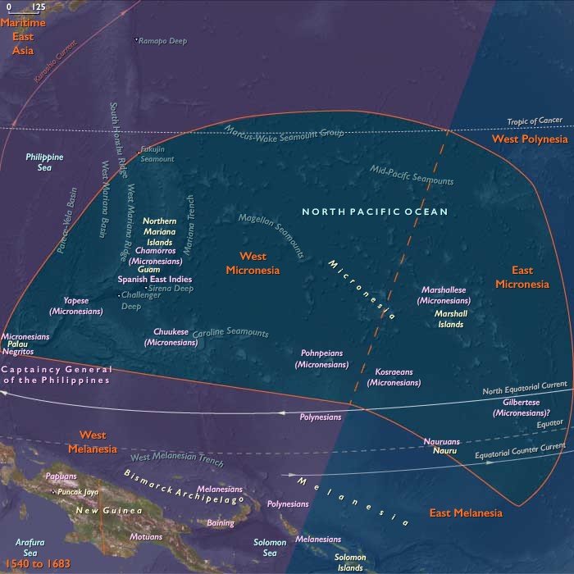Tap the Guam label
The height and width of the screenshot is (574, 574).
[x=148, y=269]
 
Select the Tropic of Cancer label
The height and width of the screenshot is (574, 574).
[x=534, y=121]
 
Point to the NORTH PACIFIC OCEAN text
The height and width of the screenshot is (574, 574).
[x=375, y=212]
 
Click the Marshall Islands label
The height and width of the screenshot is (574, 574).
[x=450, y=318]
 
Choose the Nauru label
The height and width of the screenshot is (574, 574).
[x=445, y=451]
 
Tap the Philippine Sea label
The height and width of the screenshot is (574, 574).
[x=44, y=162]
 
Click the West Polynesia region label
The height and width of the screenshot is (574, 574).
[x=529, y=139]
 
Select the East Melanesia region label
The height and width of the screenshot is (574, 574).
[x=466, y=513]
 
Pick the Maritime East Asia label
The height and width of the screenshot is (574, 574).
[x=23, y=36]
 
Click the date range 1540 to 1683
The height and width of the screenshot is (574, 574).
[x=38, y=564]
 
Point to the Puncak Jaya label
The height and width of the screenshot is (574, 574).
[x=77, y=492]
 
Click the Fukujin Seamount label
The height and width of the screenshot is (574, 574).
[x=157, y=154]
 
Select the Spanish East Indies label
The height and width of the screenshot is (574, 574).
[x=154, y=280]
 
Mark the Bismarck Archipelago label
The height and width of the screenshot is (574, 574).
[x=184, y=486]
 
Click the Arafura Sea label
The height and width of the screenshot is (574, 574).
[x=30, y=547]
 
